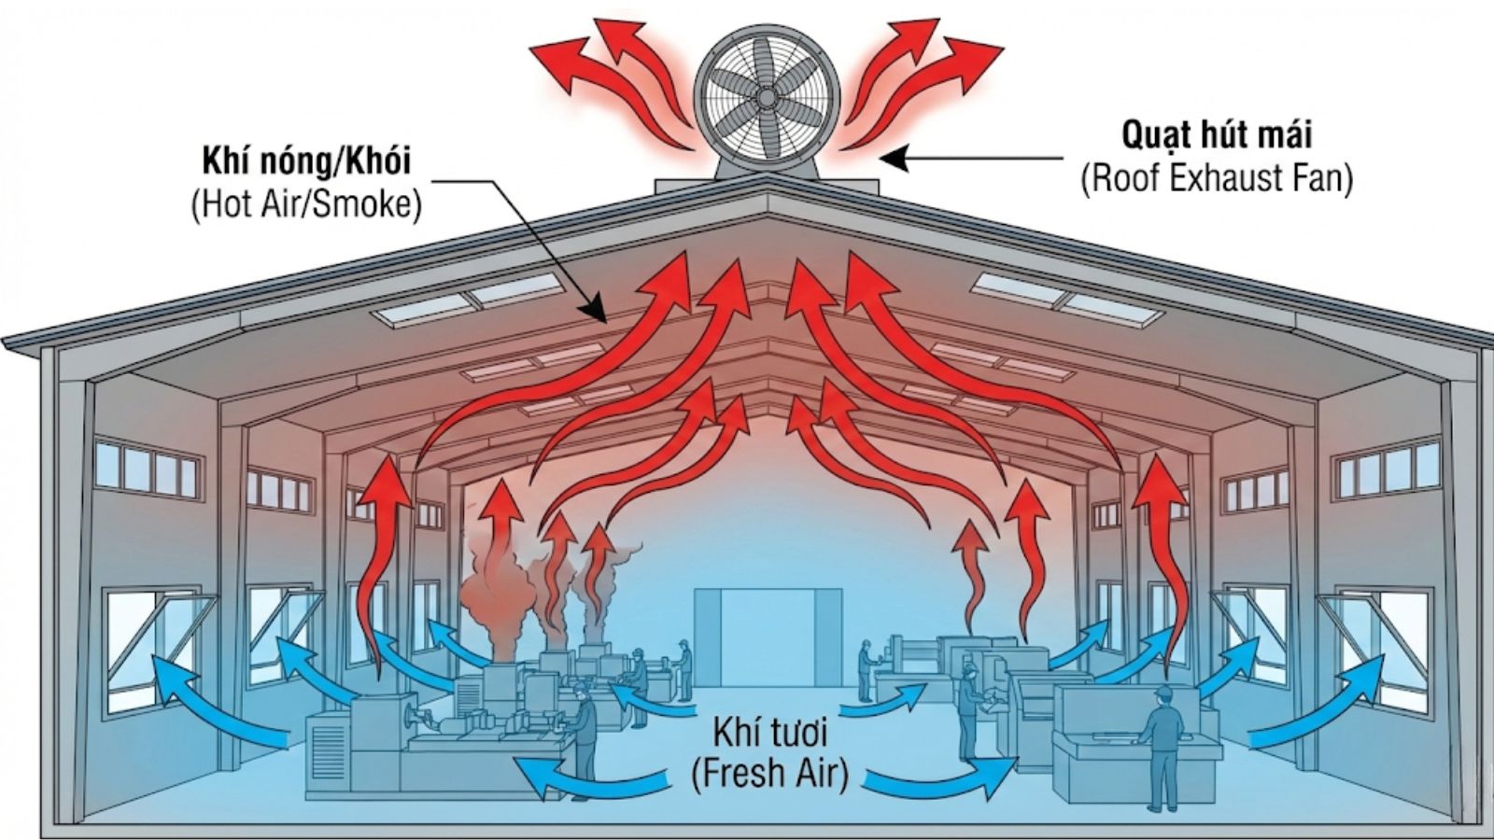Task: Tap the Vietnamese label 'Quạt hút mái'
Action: click(x=1217, y=135)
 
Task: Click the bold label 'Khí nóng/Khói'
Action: click(x=306, y=161)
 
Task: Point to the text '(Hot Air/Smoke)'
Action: click(x=306, y=203)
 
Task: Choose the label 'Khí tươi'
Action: click(x=770, y=732)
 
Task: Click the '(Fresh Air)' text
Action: click(x=770, y=774)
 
